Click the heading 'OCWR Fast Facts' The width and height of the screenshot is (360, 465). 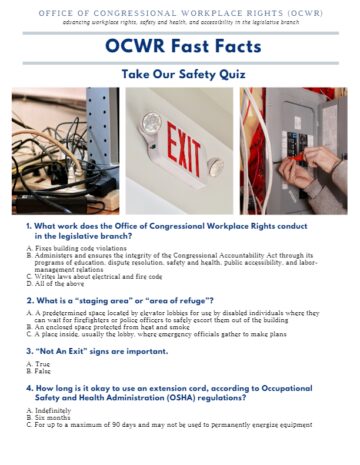click(180, 46)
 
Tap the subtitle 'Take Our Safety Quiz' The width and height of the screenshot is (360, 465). click(180, 74)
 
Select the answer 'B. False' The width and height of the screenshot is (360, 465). click(44, 371)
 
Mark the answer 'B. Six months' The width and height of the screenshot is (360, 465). click(56, 417)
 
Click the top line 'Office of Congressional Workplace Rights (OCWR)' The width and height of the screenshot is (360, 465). click(180, 10)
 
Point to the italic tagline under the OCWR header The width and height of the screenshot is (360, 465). click(180, 20)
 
